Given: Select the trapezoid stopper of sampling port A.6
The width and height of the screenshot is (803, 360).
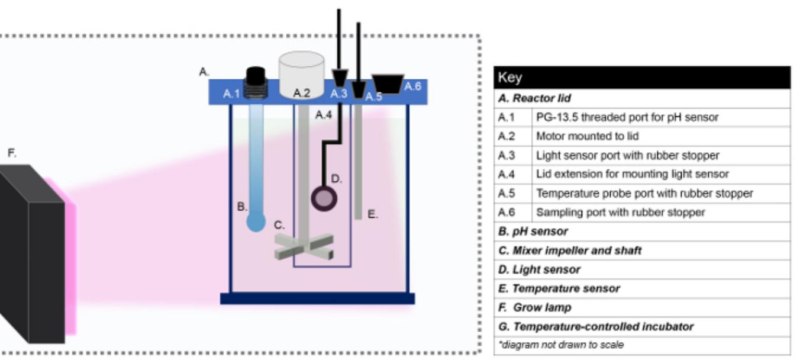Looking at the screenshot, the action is (388, 83).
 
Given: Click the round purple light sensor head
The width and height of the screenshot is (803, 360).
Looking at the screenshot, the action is (324, 198).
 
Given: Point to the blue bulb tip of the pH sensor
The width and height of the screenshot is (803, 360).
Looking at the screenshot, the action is (256, 223).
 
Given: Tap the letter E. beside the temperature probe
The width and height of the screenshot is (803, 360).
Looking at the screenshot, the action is (373, 214).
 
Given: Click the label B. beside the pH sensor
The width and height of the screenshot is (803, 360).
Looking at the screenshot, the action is (241, 207).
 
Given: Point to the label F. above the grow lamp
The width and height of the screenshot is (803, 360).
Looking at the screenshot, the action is (12, 153).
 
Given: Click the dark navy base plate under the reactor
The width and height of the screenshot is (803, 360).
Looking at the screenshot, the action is (317, 298).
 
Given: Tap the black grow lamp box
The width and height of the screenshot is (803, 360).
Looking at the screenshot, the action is (33, 255).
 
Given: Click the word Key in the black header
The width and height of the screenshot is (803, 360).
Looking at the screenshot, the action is (510, 78).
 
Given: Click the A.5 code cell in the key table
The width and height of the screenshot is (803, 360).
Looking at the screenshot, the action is (507, 193).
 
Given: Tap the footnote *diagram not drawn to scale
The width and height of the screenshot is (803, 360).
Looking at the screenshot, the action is (561, 345).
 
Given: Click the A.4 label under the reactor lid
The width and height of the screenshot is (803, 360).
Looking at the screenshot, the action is (323, 115).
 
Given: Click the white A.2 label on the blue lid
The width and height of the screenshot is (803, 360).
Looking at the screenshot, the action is (302, 93).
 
